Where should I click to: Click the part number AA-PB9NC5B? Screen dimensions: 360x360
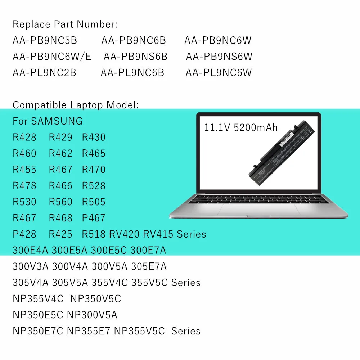coord(45,40)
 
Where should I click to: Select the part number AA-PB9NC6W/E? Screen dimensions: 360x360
coord(52,57)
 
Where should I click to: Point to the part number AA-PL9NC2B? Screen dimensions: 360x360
coord(44,73)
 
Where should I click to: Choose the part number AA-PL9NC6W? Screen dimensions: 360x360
coord(219,73)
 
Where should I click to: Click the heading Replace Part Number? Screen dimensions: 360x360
coord(65,24)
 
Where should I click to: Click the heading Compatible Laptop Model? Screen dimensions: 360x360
coord(75,105)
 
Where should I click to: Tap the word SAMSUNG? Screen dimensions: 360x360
coord(57,121)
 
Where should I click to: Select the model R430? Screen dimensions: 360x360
coord(94,137)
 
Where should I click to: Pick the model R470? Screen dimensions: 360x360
coord(94,170)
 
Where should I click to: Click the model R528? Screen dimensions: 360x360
coord(94,186)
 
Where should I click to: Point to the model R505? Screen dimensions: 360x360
coord(94,202)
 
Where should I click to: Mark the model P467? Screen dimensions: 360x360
coord(94,218)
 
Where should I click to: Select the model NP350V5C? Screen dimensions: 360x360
coord(95,299)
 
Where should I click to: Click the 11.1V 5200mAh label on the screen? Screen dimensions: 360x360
coord(241,127)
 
